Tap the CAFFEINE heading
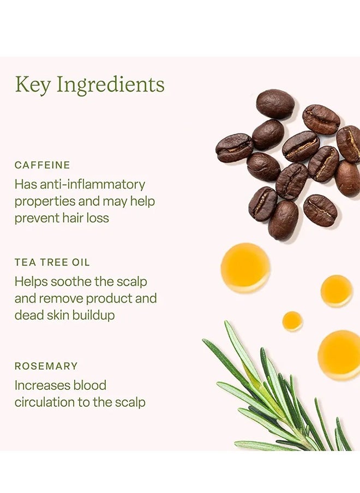pyautogui.click(x=43, y=165)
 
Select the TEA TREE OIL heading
pyautogui.click(x=52, y=262)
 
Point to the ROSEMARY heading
pyautogui.click(x=46, y=366)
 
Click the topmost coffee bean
pyautogui.click(x=275, y=104)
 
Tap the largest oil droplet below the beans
pyautogui.click(x=245, y=268)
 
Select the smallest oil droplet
pyautogui.click(x=292, y=321)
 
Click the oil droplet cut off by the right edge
pyautogui.click(x=340, y=354)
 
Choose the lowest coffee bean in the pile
pyautogui.click(x=284, y=220)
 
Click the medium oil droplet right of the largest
pyautogui.click(x=337, y=291)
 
